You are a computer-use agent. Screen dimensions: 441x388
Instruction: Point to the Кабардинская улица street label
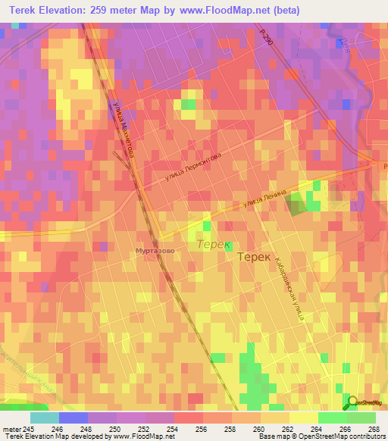pyautogui.click(x=289, y=287)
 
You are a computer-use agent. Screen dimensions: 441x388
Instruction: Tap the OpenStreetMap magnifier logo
pyautogui.click(x=354, y=402)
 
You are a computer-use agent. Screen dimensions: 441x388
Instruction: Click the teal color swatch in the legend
pyautogui.click(x=44, y=418)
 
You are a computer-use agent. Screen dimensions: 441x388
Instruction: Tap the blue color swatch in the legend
pyautogui.click(x=73, y=418)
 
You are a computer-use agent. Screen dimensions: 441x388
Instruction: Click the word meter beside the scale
pyautogui.click(x=11, y=429)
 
